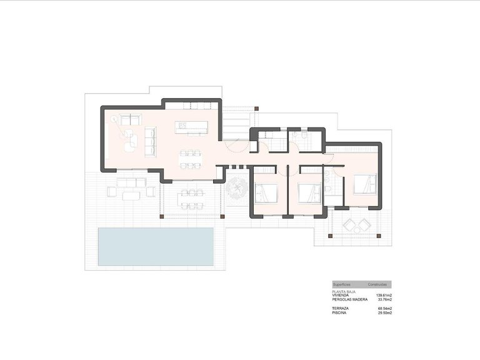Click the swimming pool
click(156, 246)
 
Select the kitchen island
click(191, 127)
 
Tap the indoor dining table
click(191, 159)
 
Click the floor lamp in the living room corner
click(114, 118)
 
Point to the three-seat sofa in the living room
click(150, 141)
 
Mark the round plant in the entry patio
click(237, 187)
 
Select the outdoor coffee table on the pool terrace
click(131, 196)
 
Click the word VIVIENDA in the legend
click(342, 295)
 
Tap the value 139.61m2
click(383, 295)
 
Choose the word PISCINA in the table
click(341, 312)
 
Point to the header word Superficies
click(343, 284)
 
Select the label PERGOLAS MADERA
click(351, 299)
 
